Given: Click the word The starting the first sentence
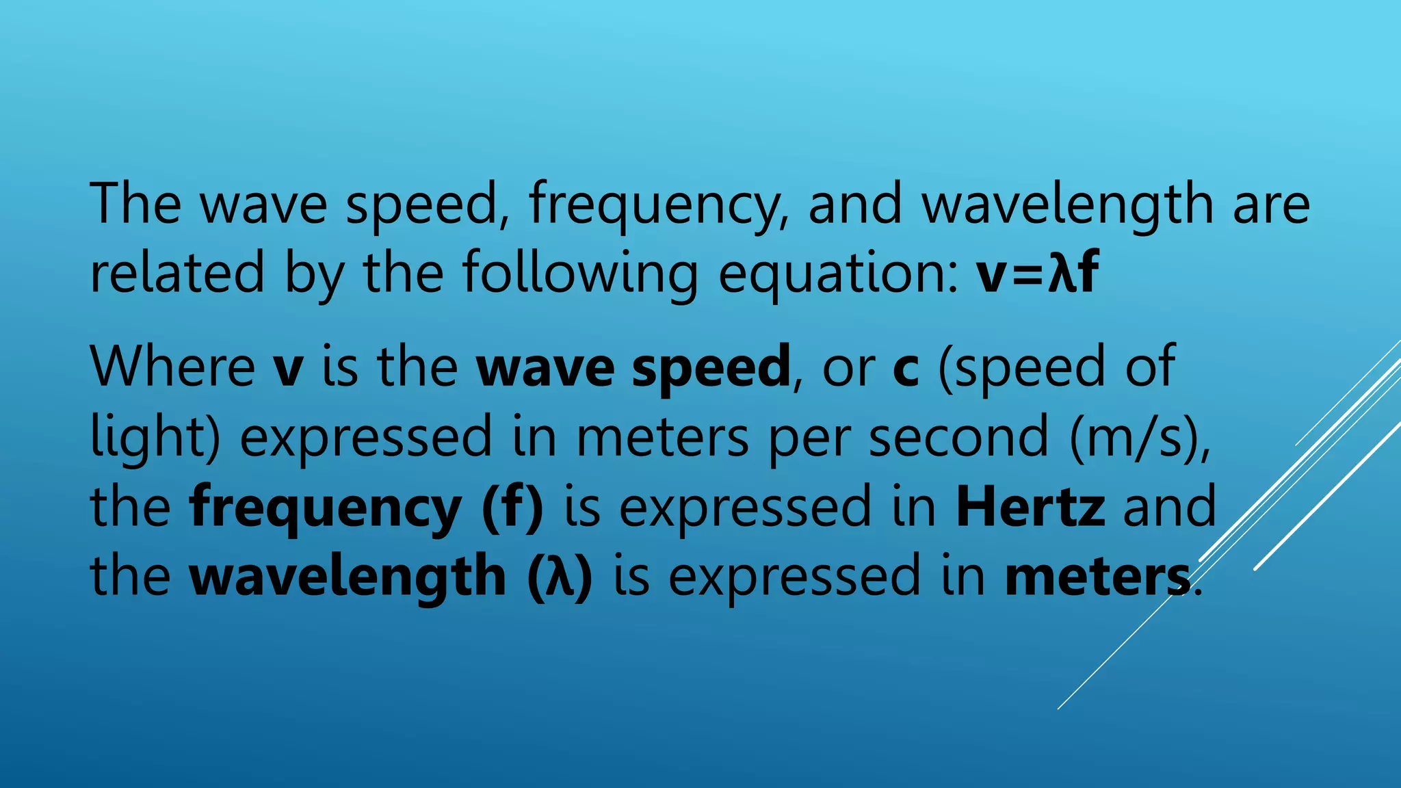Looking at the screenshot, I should tap(135, 203).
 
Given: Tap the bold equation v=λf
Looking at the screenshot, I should tap(1037, 272).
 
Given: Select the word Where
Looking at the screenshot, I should tap(172, 367).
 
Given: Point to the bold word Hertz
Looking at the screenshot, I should tap(1030, 507).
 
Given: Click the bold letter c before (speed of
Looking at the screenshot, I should tap(906, 368).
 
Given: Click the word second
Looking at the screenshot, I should tap(958, 437).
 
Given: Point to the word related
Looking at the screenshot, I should tap(176, 272).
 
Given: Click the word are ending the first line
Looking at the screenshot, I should tap(1271, 205).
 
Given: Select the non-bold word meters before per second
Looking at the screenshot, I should tap(662, 437).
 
